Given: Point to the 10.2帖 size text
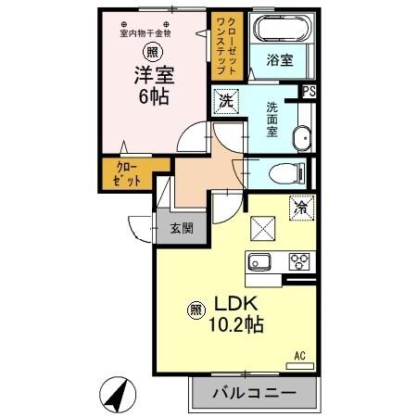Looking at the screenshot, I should click(x=239, y=325).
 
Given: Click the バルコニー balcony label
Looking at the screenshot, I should click(x=252, y=393).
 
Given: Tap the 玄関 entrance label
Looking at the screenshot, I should click(x=181, y=228).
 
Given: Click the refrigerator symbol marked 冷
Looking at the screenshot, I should click(x=301, y=208).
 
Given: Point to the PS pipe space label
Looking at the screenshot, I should click(x=310, y=91).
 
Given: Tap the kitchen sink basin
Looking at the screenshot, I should click(x=257, y=261).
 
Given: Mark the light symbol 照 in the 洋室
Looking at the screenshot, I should click(x=150, y=51).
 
